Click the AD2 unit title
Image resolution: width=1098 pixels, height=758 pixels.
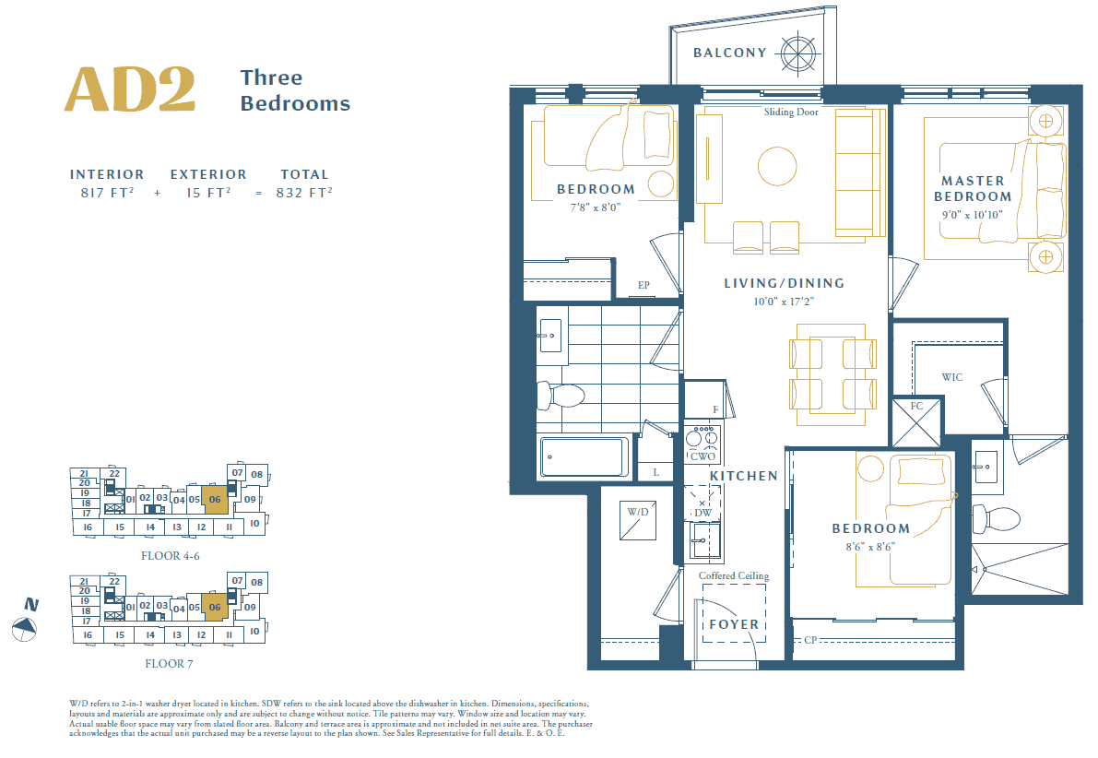(129, 89)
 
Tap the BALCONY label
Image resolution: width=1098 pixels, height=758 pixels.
(729, 53)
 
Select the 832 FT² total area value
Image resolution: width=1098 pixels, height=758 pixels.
(304, 193)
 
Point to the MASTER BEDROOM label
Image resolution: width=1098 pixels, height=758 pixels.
(973, 188)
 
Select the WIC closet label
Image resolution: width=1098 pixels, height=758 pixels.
(952, 377)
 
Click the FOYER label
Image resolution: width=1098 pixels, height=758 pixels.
(734, 624)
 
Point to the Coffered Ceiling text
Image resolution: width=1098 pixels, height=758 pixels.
(734, 576)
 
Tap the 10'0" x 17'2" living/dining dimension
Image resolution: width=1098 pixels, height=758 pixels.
(784, 302)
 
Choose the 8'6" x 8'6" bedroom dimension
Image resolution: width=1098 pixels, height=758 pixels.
(871, 546)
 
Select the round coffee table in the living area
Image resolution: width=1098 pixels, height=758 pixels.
(777, 167)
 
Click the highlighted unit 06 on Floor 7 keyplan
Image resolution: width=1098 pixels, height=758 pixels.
(215, 608)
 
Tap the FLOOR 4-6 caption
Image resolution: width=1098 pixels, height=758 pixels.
(170, 556)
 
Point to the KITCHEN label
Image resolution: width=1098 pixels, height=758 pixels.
(744, 476)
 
